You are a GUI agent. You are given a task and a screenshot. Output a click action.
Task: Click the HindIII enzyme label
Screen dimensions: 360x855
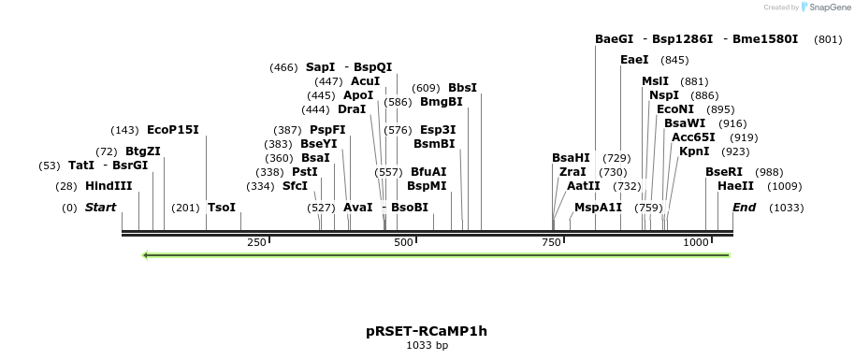tap(109, 186)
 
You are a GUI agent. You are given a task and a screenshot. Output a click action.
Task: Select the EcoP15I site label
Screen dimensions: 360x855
tap(173, 130)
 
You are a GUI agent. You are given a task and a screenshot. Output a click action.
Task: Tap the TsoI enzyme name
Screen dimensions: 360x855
tap(222, 208)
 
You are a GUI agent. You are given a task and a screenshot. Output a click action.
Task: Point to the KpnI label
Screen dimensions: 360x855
tap(694, 151)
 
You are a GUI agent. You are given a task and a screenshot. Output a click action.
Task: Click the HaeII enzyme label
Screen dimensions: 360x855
tap(735, 186)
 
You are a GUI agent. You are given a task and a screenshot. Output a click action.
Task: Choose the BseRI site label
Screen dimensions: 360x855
tap(723, 172)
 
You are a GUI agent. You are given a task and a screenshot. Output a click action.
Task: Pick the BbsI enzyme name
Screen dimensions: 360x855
tap(462, 88)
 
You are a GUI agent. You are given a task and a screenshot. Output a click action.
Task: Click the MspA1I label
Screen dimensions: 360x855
tap(598, 208)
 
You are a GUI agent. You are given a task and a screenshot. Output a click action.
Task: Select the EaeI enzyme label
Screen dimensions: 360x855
tap(634, 60)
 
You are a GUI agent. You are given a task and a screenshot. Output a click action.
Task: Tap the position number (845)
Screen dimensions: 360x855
tap(674, 60)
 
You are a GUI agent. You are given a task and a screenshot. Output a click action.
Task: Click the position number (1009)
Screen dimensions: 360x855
tap(784, 186)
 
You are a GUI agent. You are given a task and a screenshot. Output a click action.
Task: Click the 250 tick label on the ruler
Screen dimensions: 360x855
tap(256, 243)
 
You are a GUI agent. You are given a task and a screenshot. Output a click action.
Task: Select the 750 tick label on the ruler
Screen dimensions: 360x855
tap(550, 243)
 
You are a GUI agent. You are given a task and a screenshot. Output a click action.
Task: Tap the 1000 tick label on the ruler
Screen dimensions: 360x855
tap(696, 243)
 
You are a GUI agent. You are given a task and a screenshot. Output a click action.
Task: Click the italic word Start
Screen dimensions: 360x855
tap(100, 208)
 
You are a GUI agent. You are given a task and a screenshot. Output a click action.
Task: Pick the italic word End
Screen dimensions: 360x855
tap(744, 208)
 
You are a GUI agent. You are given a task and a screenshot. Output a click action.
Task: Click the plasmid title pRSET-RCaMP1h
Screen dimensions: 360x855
tap(427, 331)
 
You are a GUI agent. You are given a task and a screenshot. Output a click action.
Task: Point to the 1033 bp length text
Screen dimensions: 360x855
tap(427, 346)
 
